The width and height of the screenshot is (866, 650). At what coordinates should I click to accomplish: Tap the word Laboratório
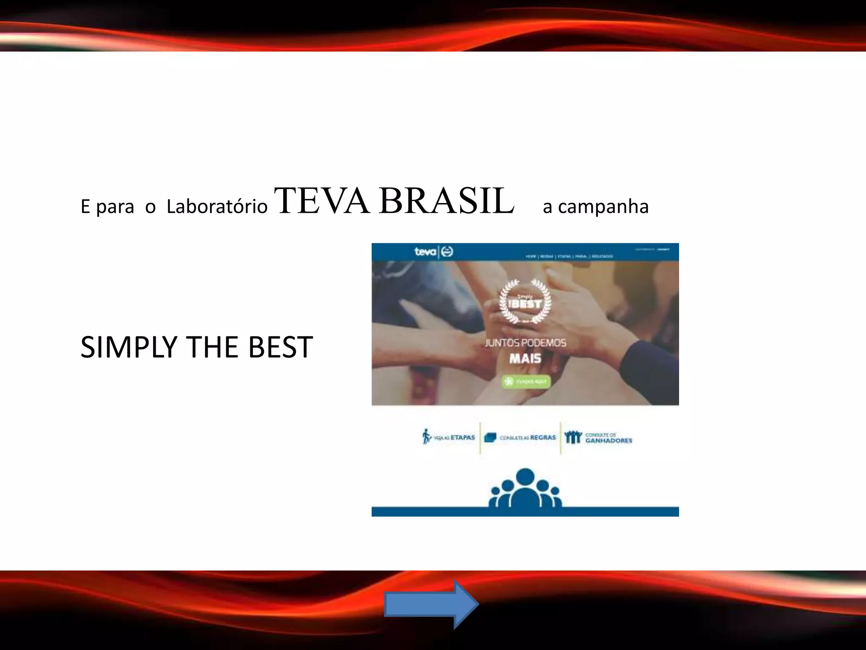(217, 207)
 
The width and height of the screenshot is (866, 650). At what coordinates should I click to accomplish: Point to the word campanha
(603, 207)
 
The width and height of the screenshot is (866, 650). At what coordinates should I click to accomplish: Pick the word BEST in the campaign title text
(280, 347)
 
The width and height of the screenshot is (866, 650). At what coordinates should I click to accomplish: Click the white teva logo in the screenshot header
(425, 252)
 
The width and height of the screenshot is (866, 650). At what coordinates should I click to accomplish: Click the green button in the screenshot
(526, 382)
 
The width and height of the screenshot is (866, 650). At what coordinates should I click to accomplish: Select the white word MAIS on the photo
(525, 359)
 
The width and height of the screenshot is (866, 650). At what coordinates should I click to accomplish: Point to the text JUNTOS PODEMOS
(525, 343)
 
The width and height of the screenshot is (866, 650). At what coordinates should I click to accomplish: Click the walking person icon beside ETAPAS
(426, 437)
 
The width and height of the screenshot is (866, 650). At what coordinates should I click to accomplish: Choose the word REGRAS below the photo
(543, 438)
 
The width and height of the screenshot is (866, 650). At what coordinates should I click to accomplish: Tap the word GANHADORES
(608, 441)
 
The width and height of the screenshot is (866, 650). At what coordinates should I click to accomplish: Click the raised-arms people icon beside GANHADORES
(573, 437)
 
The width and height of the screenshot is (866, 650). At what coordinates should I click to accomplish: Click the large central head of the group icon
(525, 477)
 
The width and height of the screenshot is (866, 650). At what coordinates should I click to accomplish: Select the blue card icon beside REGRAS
(490, 438)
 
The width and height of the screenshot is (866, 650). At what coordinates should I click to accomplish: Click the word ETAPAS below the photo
(463, 438)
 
